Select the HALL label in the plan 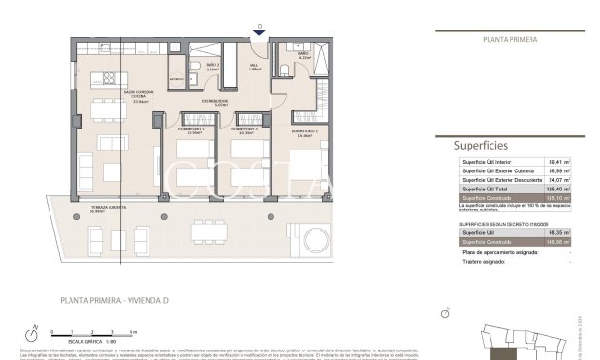click(x=254, y=67)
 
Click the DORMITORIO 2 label click(x=246, y=130)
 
